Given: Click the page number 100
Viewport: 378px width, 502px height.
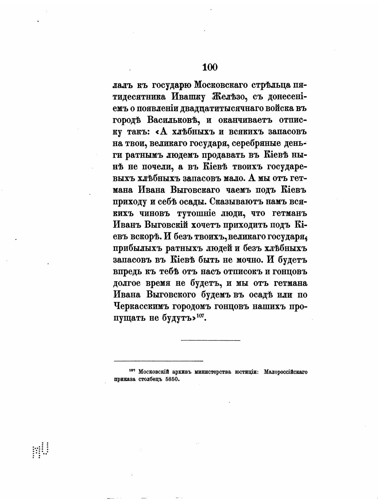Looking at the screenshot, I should [x=210, y=67].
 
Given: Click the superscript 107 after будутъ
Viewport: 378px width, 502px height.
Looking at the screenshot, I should [x=200, y=316].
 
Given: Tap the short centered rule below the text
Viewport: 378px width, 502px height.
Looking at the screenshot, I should [x=211, y=340].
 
